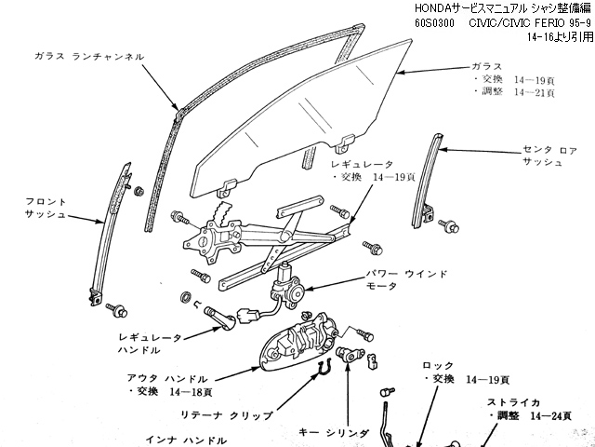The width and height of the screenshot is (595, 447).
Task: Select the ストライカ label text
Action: pos(512,402)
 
